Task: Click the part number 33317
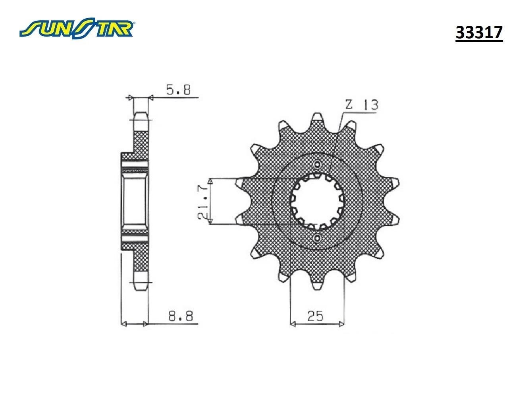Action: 479,33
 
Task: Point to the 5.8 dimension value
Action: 178,90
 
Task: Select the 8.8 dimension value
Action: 181,316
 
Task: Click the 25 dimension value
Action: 316,316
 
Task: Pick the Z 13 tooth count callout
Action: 361,105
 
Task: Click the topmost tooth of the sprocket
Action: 317,118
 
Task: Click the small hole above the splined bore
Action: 317,164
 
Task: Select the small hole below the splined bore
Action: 317,238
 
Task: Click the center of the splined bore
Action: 317,201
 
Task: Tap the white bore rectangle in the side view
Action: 135,201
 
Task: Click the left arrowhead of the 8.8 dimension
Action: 123,324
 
